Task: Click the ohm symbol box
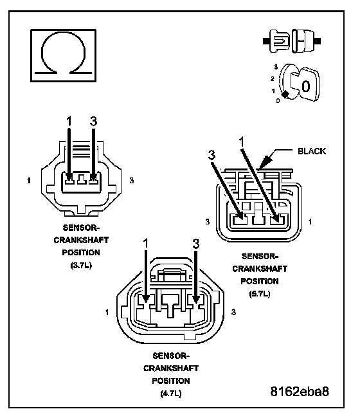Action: [64, 55]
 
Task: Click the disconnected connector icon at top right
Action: [292, 41]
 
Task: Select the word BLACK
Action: [312, 151]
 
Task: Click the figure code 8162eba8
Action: [300, 392]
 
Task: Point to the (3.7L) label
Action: [81, 266]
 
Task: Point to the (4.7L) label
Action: [171, 394]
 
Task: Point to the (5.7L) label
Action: [260, 294]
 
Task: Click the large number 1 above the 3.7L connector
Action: [69, 122]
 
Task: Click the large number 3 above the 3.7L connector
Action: [93, 122]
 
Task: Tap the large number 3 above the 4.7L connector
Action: [196, 244]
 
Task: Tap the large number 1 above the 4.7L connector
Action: [145, 244]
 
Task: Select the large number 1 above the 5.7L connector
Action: [242, 142]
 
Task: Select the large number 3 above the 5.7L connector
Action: [212, 155]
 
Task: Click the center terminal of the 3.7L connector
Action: [82, 179]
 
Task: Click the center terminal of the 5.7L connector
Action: [258, 217]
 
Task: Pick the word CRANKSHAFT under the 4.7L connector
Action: [171, 368]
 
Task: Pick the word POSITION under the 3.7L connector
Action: [81, 253]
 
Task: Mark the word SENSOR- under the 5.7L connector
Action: [260, 257]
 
